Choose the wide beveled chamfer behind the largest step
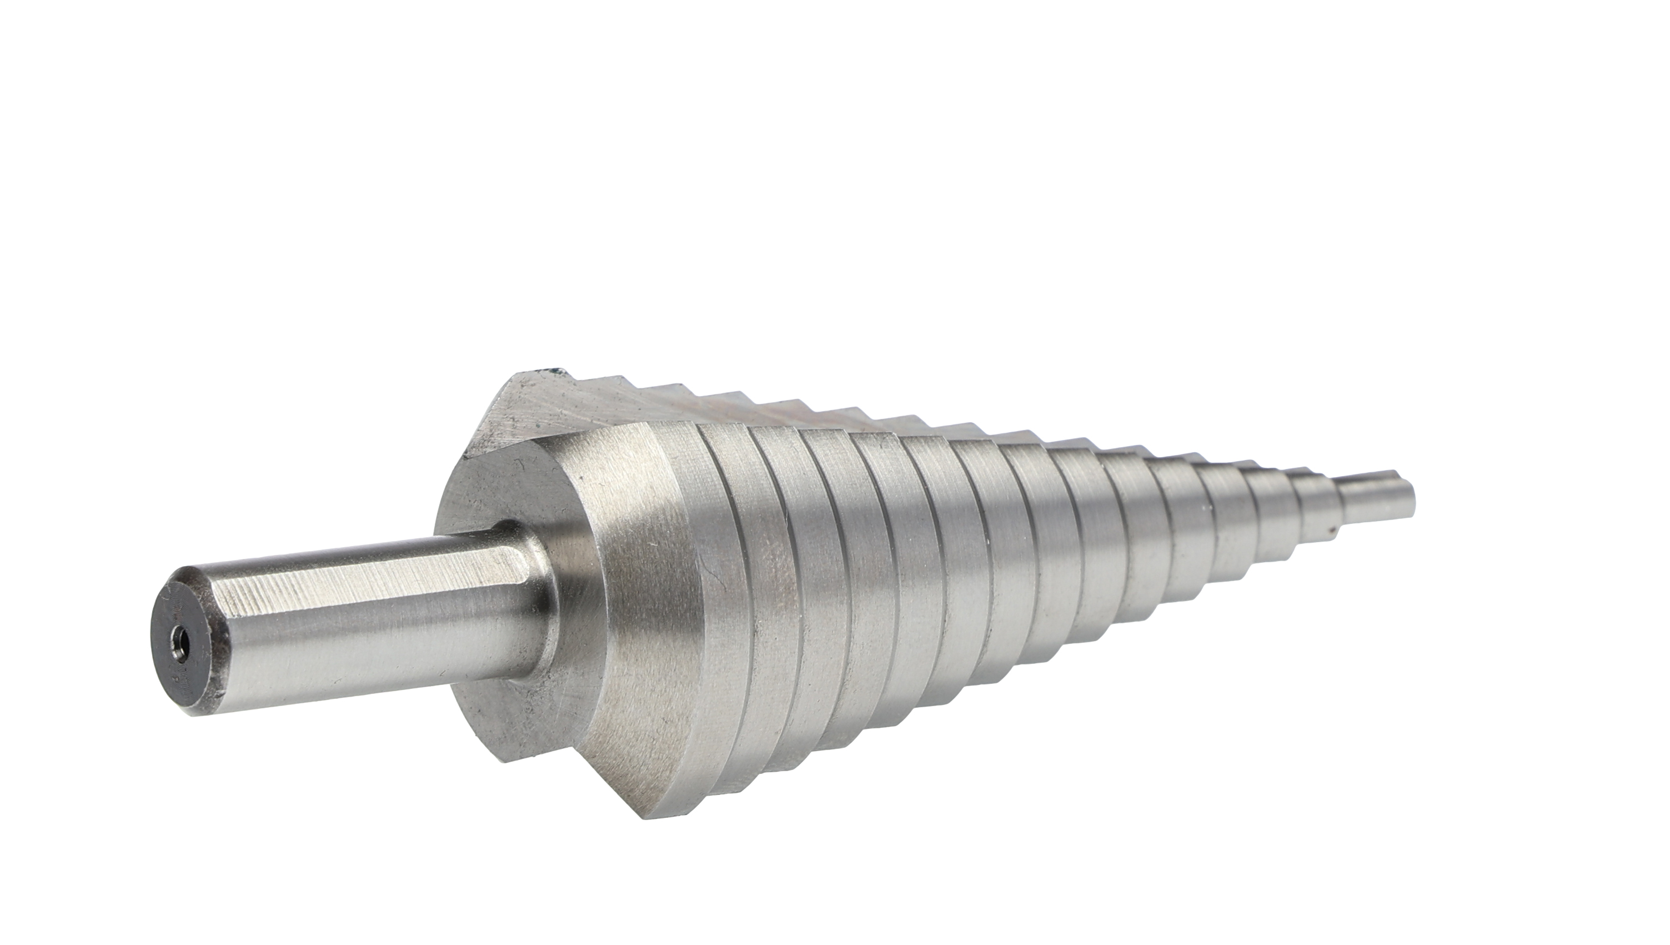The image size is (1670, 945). click(623, 584)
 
